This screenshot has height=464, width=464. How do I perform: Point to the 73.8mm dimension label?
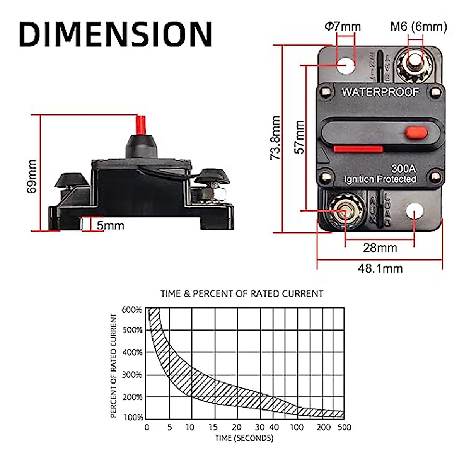pos(275,138)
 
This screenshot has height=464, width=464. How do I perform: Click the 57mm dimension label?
pos(300,137)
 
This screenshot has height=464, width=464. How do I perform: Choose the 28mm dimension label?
pos(380,248)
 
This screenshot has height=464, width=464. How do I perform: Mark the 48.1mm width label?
pos(380,268)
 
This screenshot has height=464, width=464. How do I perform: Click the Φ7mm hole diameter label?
pos(342,27)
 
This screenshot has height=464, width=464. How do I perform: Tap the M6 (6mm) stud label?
pos(418,27)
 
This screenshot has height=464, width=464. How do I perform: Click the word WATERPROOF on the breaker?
pos(380,92)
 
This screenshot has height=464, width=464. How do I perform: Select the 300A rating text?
pos(403,169)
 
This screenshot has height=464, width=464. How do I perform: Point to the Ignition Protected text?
pos(380,179)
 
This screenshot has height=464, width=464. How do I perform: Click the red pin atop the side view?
pos(140,125)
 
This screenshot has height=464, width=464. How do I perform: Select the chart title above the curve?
pos(242,294)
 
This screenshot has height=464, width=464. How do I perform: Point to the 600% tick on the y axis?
pos(132,310)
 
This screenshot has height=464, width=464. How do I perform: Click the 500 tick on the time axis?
pos(344,427)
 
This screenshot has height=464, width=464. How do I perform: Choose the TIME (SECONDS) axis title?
pos(244,438)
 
